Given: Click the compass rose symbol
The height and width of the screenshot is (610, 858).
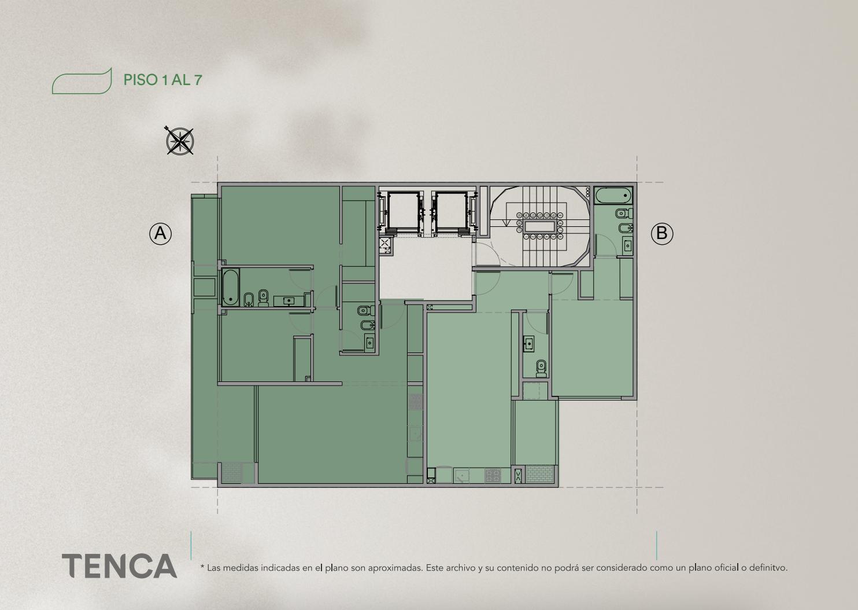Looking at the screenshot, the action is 179,141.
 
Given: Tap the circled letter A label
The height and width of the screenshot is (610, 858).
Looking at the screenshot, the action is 161,233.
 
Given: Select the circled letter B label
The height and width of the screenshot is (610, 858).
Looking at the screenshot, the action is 662,233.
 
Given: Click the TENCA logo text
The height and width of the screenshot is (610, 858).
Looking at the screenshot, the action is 120,566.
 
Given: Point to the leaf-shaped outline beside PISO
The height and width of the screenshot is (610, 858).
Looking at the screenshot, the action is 82,81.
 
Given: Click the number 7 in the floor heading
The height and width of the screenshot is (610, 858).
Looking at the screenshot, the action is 198,80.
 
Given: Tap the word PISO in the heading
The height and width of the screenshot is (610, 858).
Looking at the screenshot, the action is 140,80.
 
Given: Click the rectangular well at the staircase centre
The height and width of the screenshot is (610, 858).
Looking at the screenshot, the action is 539,226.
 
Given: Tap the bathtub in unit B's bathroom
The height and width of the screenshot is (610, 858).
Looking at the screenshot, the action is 613,195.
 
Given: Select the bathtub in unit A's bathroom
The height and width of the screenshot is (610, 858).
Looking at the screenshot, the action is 231,287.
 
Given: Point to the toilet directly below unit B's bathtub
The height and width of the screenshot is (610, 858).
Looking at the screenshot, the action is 623,213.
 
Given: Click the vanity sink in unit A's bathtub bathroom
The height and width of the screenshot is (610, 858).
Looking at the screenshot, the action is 289,301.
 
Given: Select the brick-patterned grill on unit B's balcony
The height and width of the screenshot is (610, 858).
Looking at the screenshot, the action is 540,474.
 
